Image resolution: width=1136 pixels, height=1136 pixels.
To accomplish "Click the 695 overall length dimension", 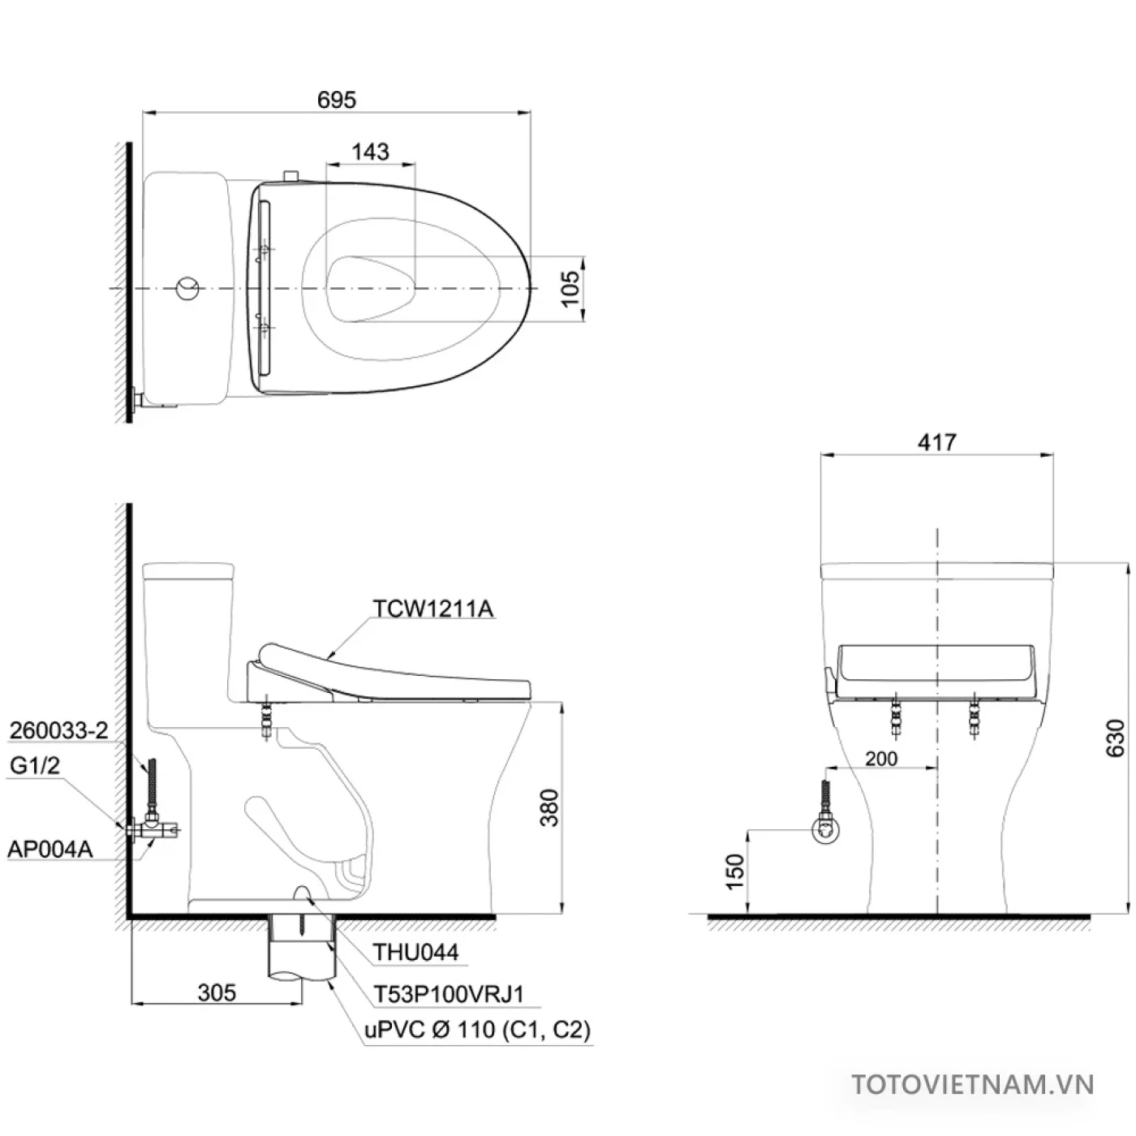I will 336,100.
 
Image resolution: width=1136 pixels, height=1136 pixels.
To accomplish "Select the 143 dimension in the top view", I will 370,152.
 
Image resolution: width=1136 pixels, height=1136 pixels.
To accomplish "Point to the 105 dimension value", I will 571,288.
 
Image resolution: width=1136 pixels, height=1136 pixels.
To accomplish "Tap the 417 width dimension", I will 936,442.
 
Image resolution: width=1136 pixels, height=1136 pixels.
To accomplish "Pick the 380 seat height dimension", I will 550,807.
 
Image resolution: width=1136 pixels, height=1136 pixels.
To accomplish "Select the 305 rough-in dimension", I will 217,992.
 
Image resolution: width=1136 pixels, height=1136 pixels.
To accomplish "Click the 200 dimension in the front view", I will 880,758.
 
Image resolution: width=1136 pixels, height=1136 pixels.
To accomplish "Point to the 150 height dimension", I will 734,871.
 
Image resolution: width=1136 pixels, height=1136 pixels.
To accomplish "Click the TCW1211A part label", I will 433,609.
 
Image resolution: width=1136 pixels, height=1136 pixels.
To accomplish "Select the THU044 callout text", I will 415,952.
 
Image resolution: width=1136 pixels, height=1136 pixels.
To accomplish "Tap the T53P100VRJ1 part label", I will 449,994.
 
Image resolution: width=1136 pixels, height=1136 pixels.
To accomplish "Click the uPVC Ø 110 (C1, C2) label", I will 477,1030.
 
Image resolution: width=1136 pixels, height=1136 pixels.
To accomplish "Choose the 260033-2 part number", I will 58,730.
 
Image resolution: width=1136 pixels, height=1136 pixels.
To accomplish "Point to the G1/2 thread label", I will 35,765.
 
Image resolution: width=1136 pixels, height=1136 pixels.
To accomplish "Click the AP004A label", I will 49,850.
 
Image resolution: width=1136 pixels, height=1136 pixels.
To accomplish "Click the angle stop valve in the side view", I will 154,827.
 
